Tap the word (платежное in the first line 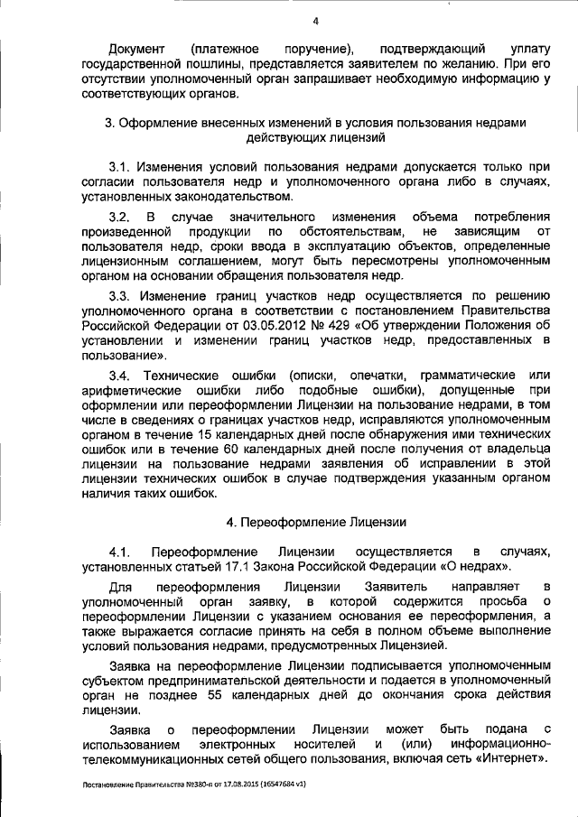[226, 46]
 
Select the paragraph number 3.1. [121, 168]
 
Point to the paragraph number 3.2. [121, 218]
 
